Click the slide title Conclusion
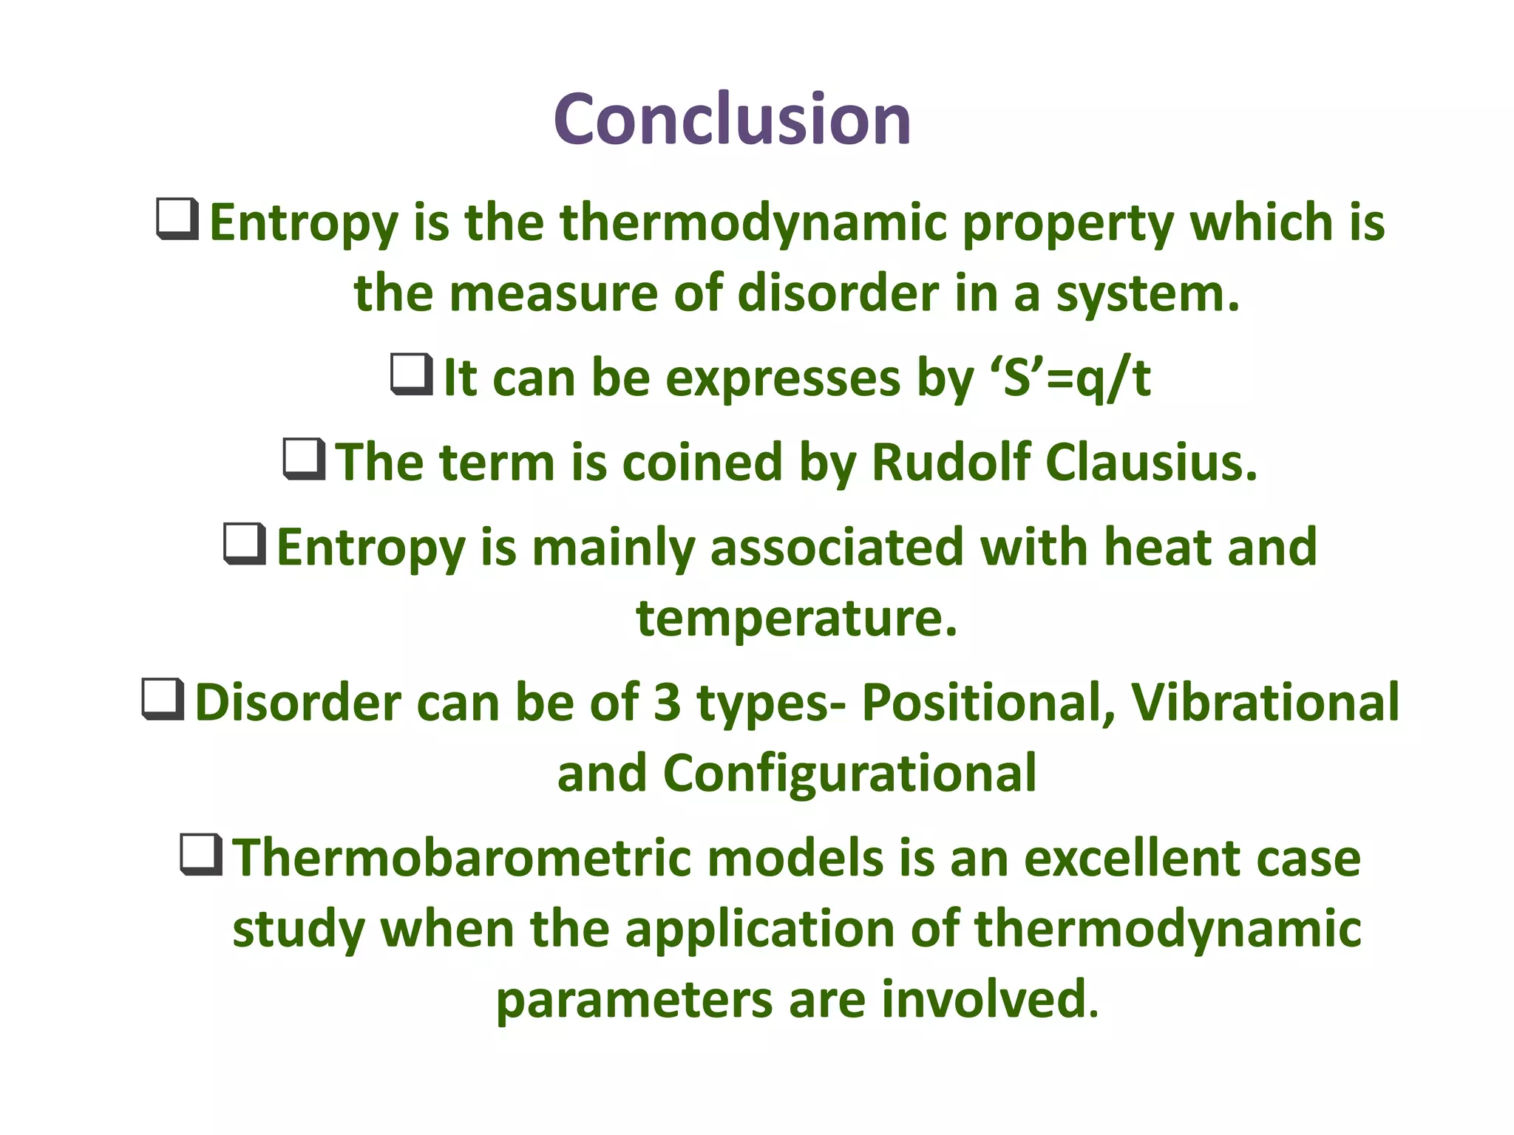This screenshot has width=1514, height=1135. coord(732,120)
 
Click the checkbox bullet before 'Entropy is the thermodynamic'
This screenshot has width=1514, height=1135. coord(177,219)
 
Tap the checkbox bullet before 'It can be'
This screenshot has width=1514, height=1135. coord(412,375)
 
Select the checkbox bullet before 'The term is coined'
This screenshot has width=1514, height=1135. coord(304,459)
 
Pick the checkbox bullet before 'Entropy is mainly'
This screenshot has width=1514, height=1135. coord(245,544)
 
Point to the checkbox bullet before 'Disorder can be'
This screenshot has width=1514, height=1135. coord(163,699)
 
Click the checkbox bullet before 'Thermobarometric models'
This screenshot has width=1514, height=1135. coord(201,855)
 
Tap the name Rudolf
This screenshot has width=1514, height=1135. coord(951,463)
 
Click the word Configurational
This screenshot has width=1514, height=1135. coord(849,773)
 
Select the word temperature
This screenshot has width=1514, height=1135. coord(796,618)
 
